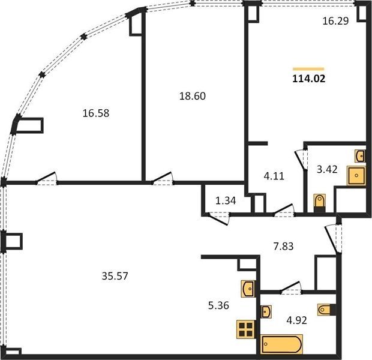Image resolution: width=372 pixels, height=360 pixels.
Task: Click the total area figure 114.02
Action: [x=308, y=79]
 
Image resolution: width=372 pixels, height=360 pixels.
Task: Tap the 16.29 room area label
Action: [x=335, y=21]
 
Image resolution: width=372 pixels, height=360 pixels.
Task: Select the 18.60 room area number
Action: [x=193, y=96]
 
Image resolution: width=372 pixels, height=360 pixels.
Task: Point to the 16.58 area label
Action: [x=96, y=113]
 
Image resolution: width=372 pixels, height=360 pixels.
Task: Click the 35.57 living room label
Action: [x=115, y=276]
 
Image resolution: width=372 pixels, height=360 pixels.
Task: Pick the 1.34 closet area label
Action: [x=226, y=201]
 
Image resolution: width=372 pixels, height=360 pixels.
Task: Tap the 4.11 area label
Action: [x=274, y=176]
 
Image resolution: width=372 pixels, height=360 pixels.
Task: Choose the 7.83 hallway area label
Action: [x=284, y=246]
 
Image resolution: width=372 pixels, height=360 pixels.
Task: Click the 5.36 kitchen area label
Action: [x=218, y=305]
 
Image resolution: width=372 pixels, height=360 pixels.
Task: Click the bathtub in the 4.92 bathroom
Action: [x=281, y=344]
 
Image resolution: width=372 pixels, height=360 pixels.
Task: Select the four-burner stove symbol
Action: [x=246, y=329]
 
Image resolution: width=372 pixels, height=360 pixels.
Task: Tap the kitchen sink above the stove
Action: [x=248, y=289]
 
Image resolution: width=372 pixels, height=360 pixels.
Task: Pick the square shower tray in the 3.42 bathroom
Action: [x=356, y=176]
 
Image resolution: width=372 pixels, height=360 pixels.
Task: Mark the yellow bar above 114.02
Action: [x=308, y=69]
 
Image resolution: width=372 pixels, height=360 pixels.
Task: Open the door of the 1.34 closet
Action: [x=218, y=219]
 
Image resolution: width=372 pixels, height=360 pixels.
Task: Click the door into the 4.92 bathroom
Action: [x=290, y=287]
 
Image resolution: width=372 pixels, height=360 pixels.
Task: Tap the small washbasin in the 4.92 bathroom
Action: [x=266, y=311]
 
